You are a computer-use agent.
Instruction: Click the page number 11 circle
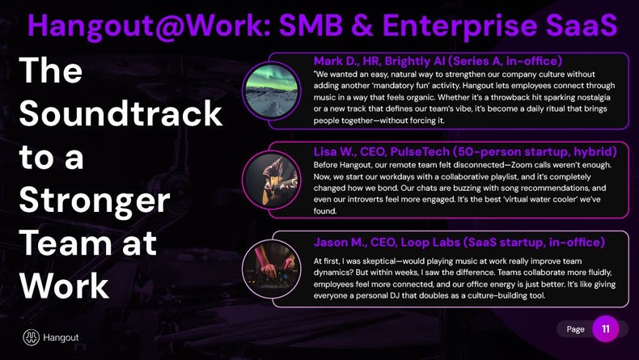coord(606,328)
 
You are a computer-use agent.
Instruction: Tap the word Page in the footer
coord(576,329)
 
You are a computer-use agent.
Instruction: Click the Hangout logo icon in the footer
coord(32,337)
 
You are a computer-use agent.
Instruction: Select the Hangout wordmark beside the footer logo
coord(61,337)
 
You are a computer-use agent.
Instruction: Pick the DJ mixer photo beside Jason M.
coord(272,269)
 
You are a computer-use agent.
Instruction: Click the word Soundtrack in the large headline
coord(121,114)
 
